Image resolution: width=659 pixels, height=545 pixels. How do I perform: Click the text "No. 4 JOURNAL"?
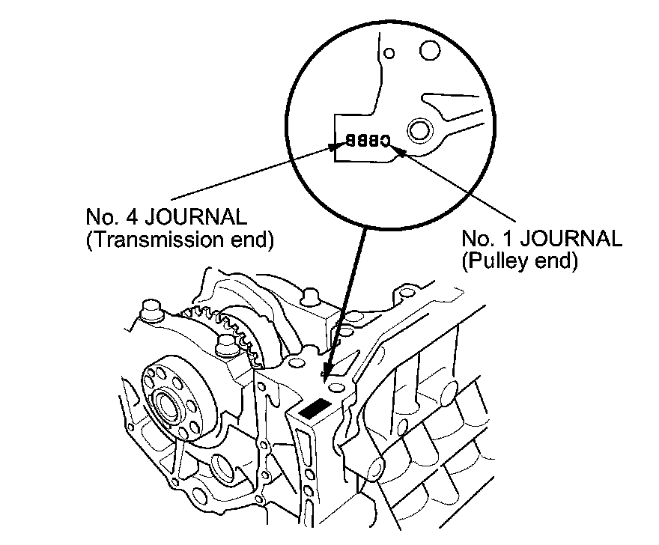(x=165, y=218)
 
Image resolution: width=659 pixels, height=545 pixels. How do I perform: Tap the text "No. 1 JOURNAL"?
(x=541, y=239)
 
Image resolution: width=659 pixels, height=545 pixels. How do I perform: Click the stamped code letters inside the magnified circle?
(x=368, y=140)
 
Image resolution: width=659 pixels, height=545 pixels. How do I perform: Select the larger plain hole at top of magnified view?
(x=430, y=50)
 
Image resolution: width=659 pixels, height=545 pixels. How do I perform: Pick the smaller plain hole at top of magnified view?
(x=388, y=54)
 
